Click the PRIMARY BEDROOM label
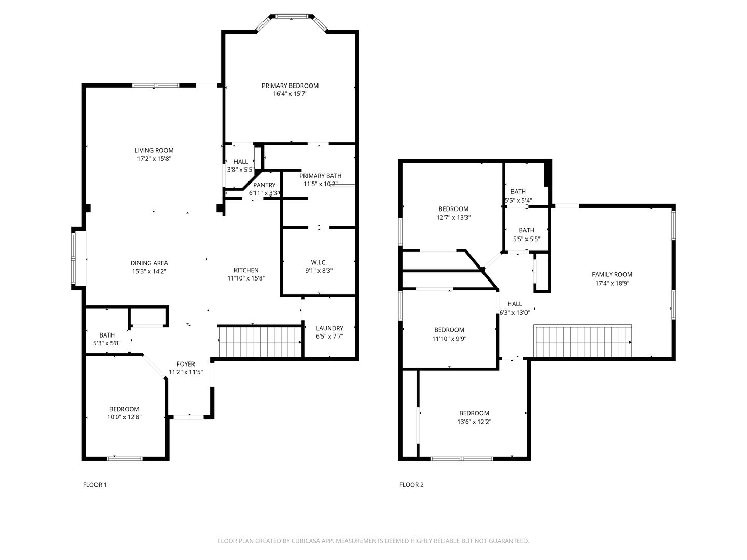point(290,86)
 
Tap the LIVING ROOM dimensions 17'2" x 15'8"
point(154,159)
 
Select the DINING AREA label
point(149,263)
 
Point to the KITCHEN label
point(246,270)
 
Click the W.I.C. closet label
point(319,262)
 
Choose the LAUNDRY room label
point(329,328)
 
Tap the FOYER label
point(186,364)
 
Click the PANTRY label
point(264,185)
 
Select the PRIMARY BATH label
point(320,176)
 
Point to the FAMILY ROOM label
point(612,274)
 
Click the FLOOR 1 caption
point(95,485)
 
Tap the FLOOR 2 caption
point(411,485)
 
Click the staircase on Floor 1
point(260,341)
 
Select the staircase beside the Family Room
point(583,341)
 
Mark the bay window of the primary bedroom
point(292,22)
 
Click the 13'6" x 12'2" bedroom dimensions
point(474,422)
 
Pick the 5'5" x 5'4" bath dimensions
point(518,200)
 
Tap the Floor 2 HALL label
point(515,304)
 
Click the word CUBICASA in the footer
point(306,541)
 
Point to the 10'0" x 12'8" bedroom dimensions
point(124,417)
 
